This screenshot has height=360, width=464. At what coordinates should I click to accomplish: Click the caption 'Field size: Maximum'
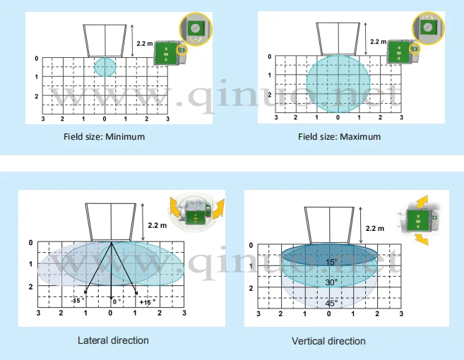339,137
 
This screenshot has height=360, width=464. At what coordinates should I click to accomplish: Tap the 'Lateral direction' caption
113,340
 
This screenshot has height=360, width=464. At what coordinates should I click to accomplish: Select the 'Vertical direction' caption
328,341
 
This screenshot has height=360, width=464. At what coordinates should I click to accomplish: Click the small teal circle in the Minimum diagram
105,67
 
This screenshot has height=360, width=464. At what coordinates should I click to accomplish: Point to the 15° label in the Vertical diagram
331,262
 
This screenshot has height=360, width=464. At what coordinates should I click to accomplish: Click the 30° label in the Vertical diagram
331,282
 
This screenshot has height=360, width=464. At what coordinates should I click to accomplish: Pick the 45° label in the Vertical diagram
331,304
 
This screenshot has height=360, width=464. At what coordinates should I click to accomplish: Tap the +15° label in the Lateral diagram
146,301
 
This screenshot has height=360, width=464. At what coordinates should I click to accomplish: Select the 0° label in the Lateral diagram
117,301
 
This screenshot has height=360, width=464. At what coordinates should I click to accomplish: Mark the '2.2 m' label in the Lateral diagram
157,225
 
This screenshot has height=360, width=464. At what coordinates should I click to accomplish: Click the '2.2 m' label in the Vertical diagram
376,228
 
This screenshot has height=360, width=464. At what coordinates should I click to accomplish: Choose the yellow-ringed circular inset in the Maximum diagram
428,28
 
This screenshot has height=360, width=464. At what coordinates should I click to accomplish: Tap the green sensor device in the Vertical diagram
417,221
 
